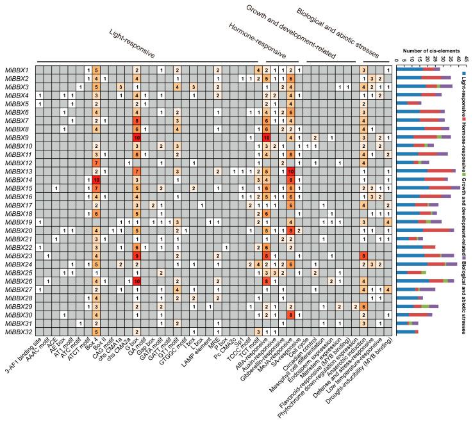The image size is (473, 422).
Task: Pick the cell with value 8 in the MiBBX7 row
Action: [137, 120]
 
